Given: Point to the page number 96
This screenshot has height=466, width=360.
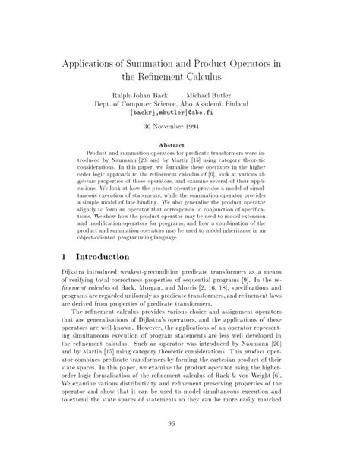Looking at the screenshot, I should click(180, 445).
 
